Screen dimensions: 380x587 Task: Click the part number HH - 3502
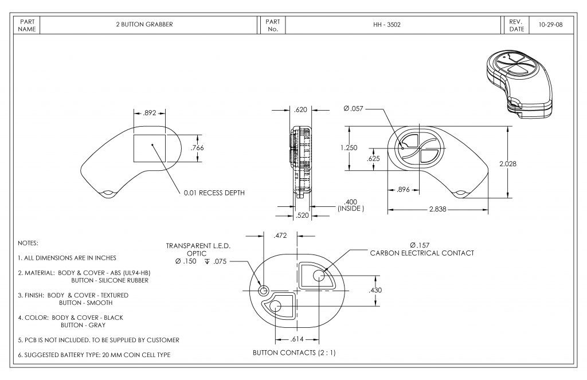click(392, 25)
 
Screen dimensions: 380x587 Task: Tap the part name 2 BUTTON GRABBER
click(144, 25)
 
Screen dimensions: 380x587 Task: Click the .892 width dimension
click(150, 112)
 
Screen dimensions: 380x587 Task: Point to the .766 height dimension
click(197, 148)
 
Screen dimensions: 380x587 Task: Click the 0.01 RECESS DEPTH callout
click(214, 193)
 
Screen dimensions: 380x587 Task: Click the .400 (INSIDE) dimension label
click(351, 205)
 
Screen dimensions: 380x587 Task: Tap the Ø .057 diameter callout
click(354, 109)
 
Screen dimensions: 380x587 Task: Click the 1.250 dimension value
click(349, 147)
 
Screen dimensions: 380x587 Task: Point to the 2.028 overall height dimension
click(507, 164)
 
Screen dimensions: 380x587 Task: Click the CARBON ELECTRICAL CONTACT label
click(422, 253)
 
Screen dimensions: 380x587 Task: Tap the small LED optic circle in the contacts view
click(264, 291)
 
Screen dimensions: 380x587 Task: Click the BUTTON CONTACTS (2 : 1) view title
click(294, 352)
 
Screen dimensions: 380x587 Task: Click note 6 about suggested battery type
click(94, 355)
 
